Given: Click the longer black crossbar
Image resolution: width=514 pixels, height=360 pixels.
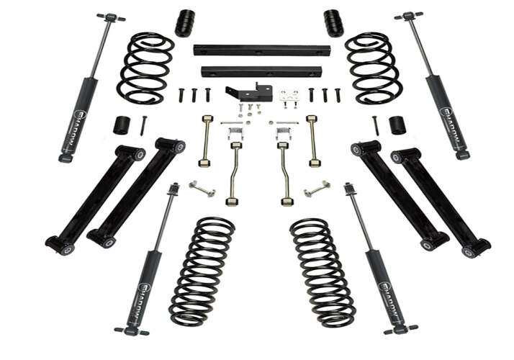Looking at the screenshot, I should click(261, 50).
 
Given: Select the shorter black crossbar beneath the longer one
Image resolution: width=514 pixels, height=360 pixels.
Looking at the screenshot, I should click(261, 71).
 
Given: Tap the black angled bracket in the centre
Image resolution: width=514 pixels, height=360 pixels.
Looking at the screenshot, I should click(248, 93).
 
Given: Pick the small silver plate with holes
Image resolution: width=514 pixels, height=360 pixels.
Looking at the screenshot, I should click(289, 96).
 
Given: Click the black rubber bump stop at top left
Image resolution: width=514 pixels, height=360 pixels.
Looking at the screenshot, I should click(184, 23).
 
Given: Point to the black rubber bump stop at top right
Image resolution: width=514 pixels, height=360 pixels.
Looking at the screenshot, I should click(333, 23).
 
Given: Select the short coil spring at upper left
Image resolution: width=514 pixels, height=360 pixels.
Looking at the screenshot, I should click(146, 67).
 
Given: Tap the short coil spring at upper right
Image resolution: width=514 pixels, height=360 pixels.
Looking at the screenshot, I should click(373, 67).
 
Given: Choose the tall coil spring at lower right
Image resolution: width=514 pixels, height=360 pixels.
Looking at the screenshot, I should click(323, 272).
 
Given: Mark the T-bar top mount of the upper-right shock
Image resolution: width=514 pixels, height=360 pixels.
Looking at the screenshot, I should click(408, 16).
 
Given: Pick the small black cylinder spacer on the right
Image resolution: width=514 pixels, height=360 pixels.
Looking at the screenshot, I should click(397, 125).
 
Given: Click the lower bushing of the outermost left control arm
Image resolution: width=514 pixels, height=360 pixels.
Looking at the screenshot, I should click(63, 246).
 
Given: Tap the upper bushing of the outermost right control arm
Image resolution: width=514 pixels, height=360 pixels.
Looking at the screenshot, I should click(397, 156).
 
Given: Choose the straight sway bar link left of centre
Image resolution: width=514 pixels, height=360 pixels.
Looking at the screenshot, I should click(207, 140).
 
